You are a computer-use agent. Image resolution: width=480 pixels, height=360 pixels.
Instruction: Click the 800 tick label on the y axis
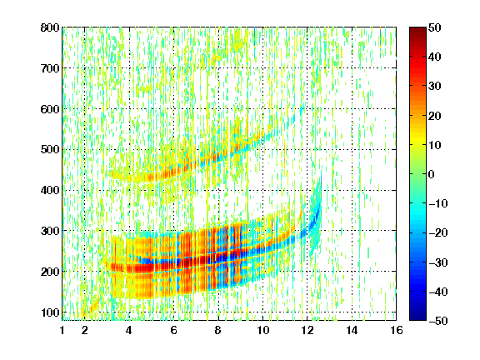50,27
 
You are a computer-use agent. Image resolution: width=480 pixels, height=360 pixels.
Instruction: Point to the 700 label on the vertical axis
50,68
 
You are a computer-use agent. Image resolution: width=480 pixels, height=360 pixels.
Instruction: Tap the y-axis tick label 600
50,109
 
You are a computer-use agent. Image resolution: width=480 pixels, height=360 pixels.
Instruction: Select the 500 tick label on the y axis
50,150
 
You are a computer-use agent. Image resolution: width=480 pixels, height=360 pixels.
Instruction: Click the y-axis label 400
50,190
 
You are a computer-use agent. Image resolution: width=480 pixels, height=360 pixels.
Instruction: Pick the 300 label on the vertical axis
50,231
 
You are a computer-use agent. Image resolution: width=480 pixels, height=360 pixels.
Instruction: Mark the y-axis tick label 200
50,272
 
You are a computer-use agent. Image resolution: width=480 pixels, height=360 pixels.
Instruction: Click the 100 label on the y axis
50,312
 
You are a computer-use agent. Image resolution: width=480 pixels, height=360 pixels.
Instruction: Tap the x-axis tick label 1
62,330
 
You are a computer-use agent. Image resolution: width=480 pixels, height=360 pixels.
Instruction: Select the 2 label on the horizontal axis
85,330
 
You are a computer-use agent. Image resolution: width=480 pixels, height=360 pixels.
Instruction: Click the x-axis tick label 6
174,330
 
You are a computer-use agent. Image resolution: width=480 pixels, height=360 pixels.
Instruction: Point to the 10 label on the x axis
263,330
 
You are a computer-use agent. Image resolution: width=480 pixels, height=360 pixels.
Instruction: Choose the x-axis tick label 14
352,330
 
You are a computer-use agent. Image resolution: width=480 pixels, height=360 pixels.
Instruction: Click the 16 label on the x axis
397,330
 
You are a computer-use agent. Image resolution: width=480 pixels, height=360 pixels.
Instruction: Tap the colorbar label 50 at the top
434,27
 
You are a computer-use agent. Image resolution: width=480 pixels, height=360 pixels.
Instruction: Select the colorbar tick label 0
432,174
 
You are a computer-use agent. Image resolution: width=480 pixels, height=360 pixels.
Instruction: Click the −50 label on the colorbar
437,321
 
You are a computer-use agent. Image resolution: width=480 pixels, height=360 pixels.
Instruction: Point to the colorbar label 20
434,116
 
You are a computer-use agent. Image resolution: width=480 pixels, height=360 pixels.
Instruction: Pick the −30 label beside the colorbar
437,262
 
